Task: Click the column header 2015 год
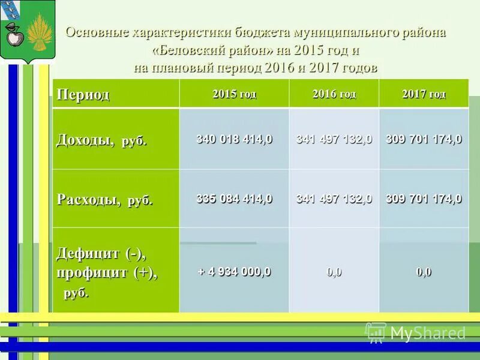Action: coord(234,94)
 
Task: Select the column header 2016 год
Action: coord(334,94)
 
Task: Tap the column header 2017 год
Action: coord(424,94)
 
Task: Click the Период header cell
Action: coord(83,95)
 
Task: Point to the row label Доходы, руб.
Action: coord(101,140)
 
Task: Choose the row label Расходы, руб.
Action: coord(104,200)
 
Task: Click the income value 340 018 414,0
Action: coord(234,139)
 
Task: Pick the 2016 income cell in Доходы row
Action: coord(334,139)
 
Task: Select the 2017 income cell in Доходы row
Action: coord(424,139)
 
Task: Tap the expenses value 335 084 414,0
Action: coord(234,199)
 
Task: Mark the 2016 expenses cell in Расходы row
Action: coord(334,199)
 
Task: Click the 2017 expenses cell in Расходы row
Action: coord(424,199)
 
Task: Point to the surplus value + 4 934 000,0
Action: coord(234,271)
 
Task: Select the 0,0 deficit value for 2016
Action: coord(334,272)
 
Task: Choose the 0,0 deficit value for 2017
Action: coord(424,272)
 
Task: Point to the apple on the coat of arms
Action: coord(14,38)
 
